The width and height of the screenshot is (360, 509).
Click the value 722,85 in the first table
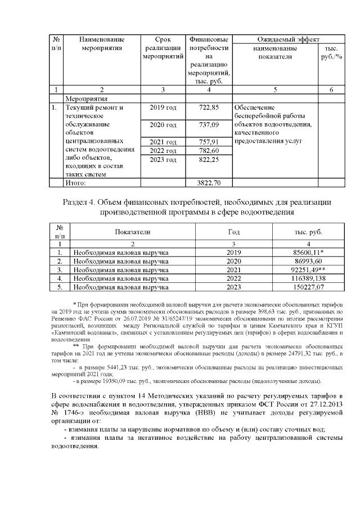point(209,107)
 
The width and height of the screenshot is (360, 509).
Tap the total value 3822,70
point(209,183)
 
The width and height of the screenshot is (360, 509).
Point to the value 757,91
point(209,142)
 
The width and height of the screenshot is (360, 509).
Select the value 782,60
point(209,151)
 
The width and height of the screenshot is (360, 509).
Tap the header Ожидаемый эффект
point(288,40)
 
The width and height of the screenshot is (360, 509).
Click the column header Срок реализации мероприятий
point(163,48)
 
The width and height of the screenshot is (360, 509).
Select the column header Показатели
point(133,232)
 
